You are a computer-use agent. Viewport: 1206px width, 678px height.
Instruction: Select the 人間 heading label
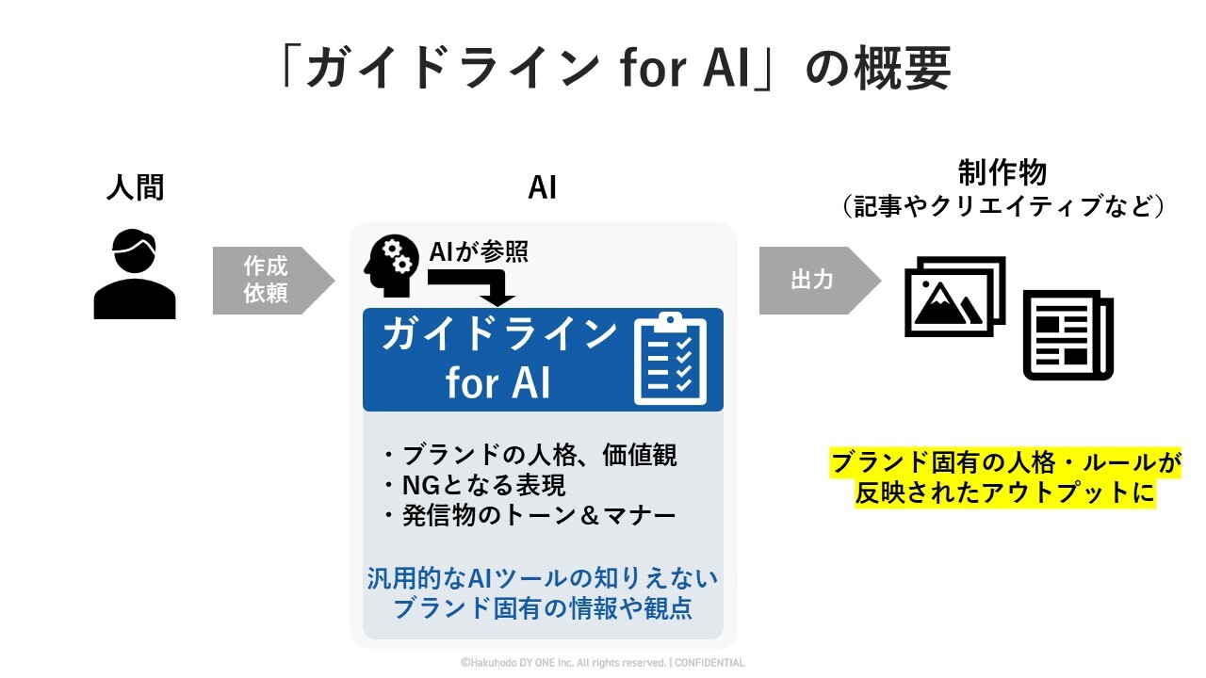(x=135, y=187)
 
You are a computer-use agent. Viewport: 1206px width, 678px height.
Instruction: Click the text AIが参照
(x=479, y=251)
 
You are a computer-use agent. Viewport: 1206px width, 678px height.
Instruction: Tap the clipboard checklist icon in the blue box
(x=670, y=360)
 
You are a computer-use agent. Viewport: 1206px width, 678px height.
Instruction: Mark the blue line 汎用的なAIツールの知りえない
(x=542, y=577)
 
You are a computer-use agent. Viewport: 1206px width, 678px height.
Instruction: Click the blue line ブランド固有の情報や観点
(x=542, y=608)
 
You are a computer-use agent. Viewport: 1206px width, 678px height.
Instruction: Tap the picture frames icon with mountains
(x=954, y=296)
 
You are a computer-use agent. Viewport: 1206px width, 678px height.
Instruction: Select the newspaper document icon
(x=1068, y=334)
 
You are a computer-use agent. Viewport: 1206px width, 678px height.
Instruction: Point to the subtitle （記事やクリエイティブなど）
(x=1002, y=206)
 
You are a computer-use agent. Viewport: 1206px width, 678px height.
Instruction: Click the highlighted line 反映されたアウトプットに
(x=1004, y=492)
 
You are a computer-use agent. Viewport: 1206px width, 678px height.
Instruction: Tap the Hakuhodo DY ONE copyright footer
(x=602, y=663)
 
